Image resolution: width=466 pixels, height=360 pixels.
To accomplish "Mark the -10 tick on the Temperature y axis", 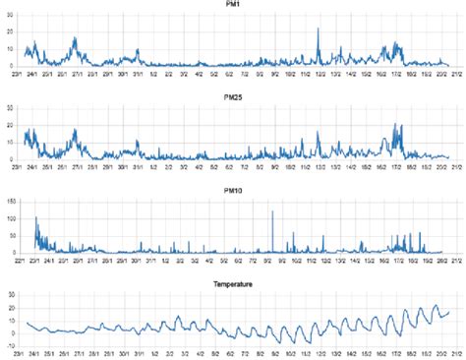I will (13, 347).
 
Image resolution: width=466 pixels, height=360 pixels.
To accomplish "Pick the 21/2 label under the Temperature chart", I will (455, 355).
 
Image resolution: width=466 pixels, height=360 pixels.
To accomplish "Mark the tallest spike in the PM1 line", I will (318, 29).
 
